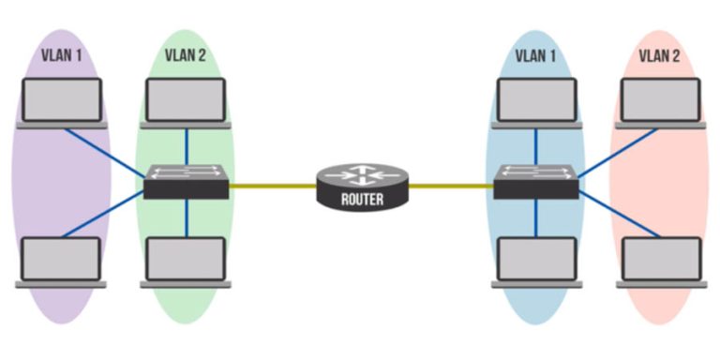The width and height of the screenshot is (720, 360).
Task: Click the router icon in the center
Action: point(362,185)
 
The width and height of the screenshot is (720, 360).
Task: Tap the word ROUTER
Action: point(362,199)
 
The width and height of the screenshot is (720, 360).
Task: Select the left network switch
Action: point(187,181)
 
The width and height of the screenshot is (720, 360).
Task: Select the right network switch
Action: point(536,181)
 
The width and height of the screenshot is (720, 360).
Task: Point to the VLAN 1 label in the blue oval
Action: point(535,55)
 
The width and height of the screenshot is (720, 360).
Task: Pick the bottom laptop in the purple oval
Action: point(61,262)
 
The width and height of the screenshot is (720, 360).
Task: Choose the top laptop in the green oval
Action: point(186,101)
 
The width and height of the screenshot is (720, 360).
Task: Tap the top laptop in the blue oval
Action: point(536,101)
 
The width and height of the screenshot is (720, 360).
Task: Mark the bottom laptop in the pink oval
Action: point(661,262)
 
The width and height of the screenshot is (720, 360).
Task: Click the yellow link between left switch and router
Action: point(272,186)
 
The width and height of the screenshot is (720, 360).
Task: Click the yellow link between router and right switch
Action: point(451,186)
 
